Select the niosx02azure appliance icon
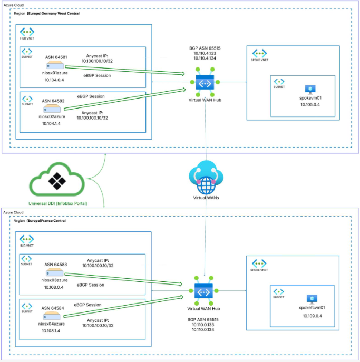[51, 107]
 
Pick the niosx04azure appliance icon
[51, 315]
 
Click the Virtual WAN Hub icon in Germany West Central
[205, 83]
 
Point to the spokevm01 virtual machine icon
[310, 90]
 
